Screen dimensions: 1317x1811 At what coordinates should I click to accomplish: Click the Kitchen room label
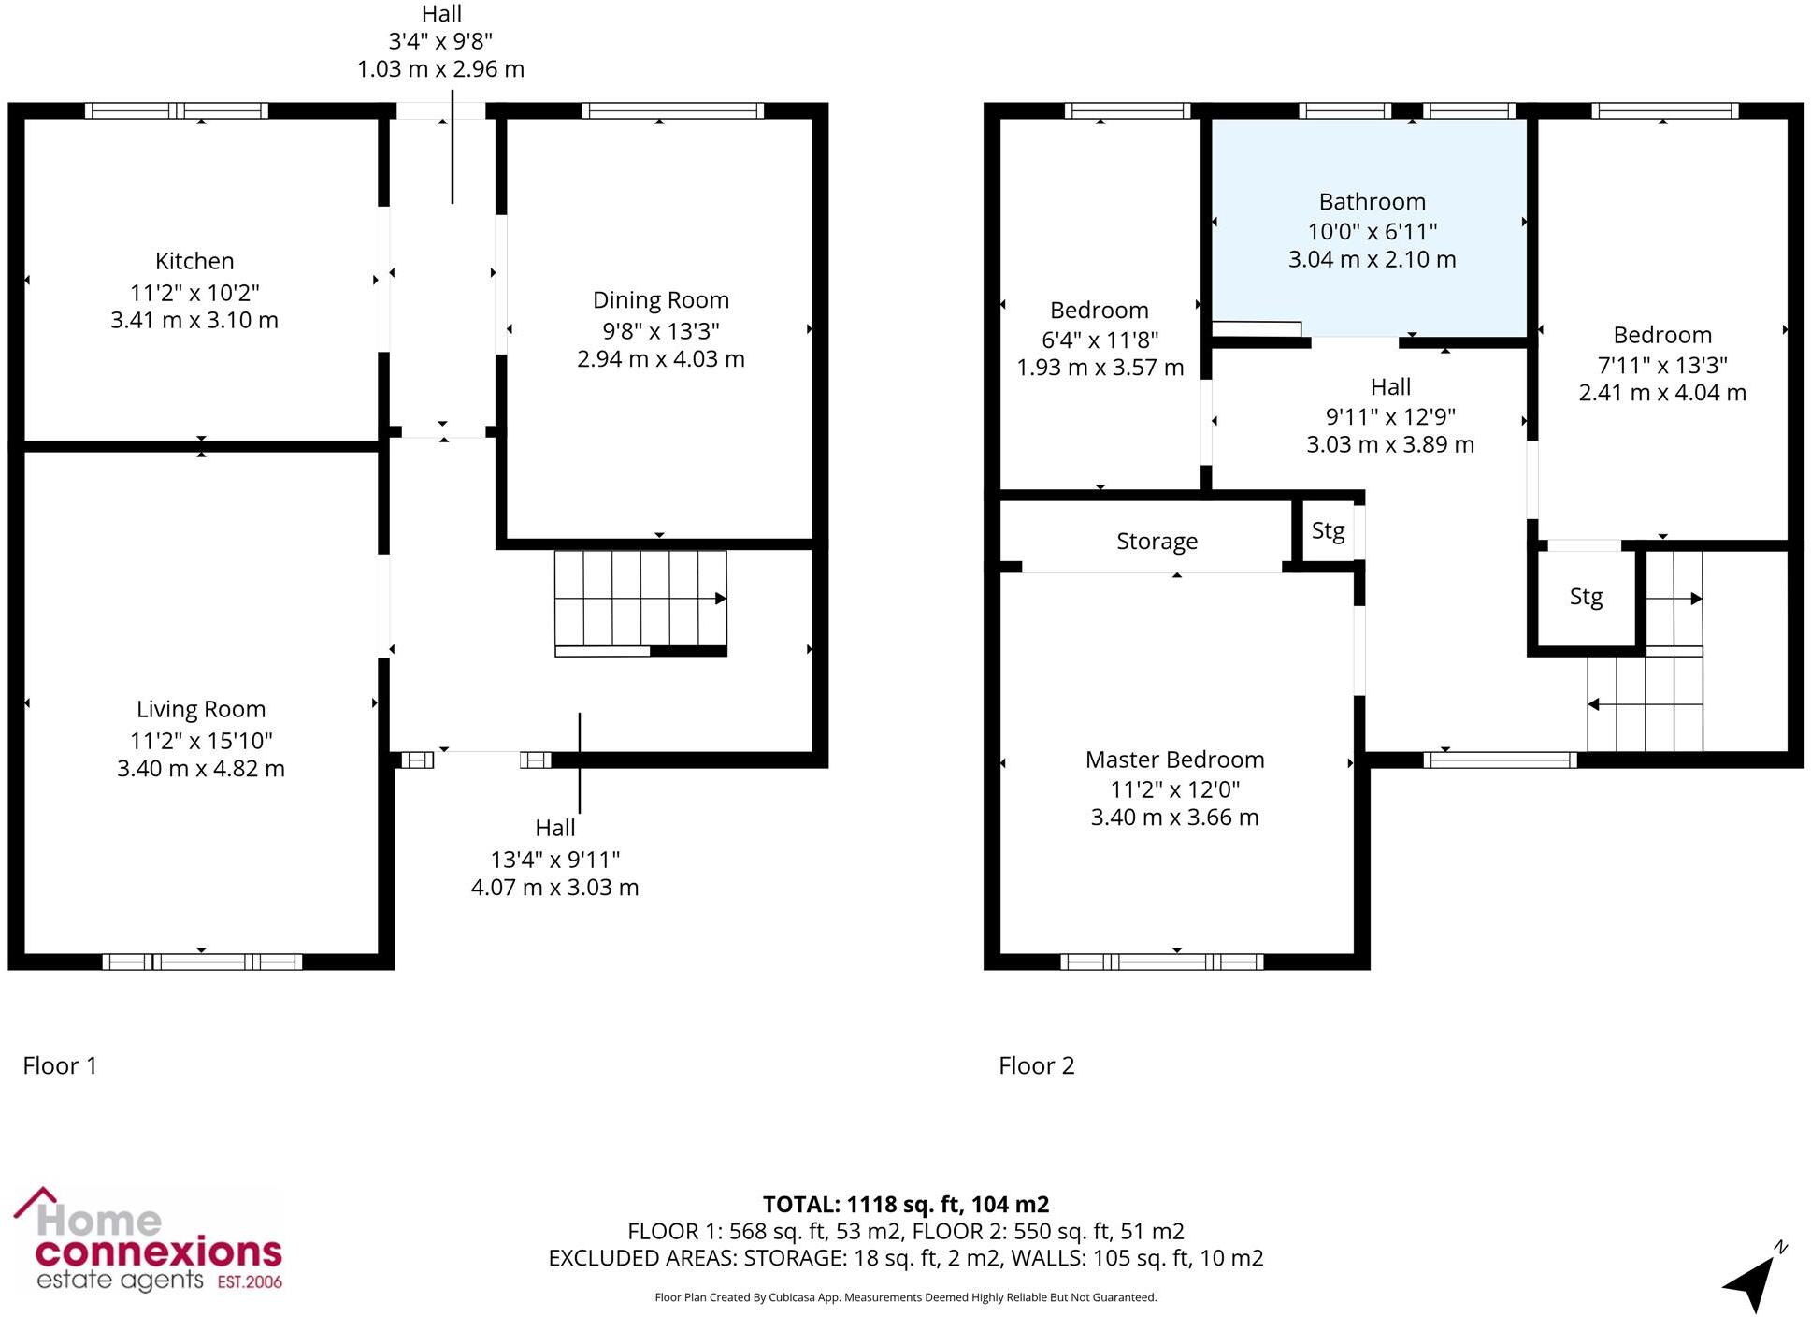(x=194, y=261)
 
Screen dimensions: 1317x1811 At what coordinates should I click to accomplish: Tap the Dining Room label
(x=660, y=300)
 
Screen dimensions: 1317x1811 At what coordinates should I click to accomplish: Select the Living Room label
(x=201, y=710)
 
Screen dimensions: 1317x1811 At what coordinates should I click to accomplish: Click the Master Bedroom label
(x=1174, y=760)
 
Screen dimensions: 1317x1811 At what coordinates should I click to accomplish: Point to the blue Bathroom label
(x=1372, y=202)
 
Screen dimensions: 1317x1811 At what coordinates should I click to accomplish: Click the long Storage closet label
(x=1157, y=542)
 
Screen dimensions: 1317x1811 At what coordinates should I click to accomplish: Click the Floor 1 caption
(x=60, y=1065)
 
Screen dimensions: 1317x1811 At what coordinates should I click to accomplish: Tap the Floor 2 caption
(x=1036, y=1065)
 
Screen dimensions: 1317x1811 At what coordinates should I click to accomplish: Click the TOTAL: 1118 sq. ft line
(x=905, y=1204)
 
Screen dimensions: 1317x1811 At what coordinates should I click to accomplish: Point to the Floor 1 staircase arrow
(x=720, y=599)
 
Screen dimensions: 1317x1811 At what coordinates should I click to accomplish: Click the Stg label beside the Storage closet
(x=1328, y=531)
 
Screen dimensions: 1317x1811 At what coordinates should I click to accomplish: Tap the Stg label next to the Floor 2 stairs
(x=1586, y=597)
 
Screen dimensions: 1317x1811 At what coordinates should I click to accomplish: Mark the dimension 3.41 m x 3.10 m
(x=194, y=320)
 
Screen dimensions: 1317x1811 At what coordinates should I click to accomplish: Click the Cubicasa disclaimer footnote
(x=905, y=1297)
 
